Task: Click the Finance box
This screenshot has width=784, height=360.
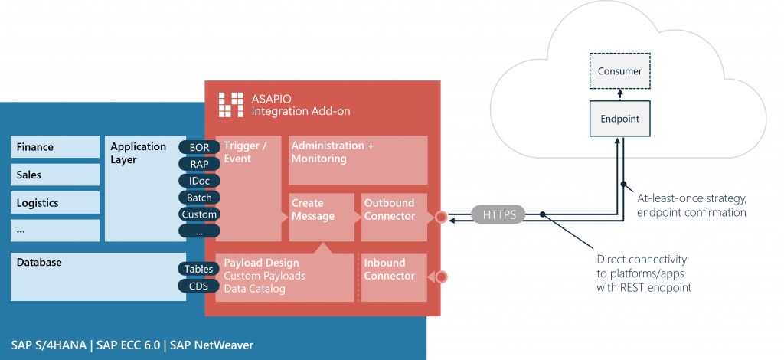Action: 55,147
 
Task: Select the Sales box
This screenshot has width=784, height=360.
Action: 55,175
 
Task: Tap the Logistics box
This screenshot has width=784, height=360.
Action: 55,203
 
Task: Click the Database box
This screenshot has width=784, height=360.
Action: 98,275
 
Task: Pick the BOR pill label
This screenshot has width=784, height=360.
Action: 199,146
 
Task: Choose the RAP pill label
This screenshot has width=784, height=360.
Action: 199,163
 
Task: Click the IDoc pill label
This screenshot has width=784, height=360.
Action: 199,181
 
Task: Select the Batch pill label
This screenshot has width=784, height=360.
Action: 199,198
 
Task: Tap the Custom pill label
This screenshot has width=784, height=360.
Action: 199,214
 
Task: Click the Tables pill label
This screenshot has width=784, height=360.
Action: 199,269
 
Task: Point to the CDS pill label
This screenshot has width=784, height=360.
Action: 199,286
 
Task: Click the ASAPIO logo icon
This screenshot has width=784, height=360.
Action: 232,105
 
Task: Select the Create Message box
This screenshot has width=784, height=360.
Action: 321,216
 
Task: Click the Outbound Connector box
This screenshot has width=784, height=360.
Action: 394,216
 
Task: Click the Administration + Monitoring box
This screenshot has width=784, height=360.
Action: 358,160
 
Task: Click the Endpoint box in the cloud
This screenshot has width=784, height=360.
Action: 619,119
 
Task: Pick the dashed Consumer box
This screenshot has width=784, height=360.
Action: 619,72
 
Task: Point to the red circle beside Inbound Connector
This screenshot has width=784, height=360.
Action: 441,277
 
